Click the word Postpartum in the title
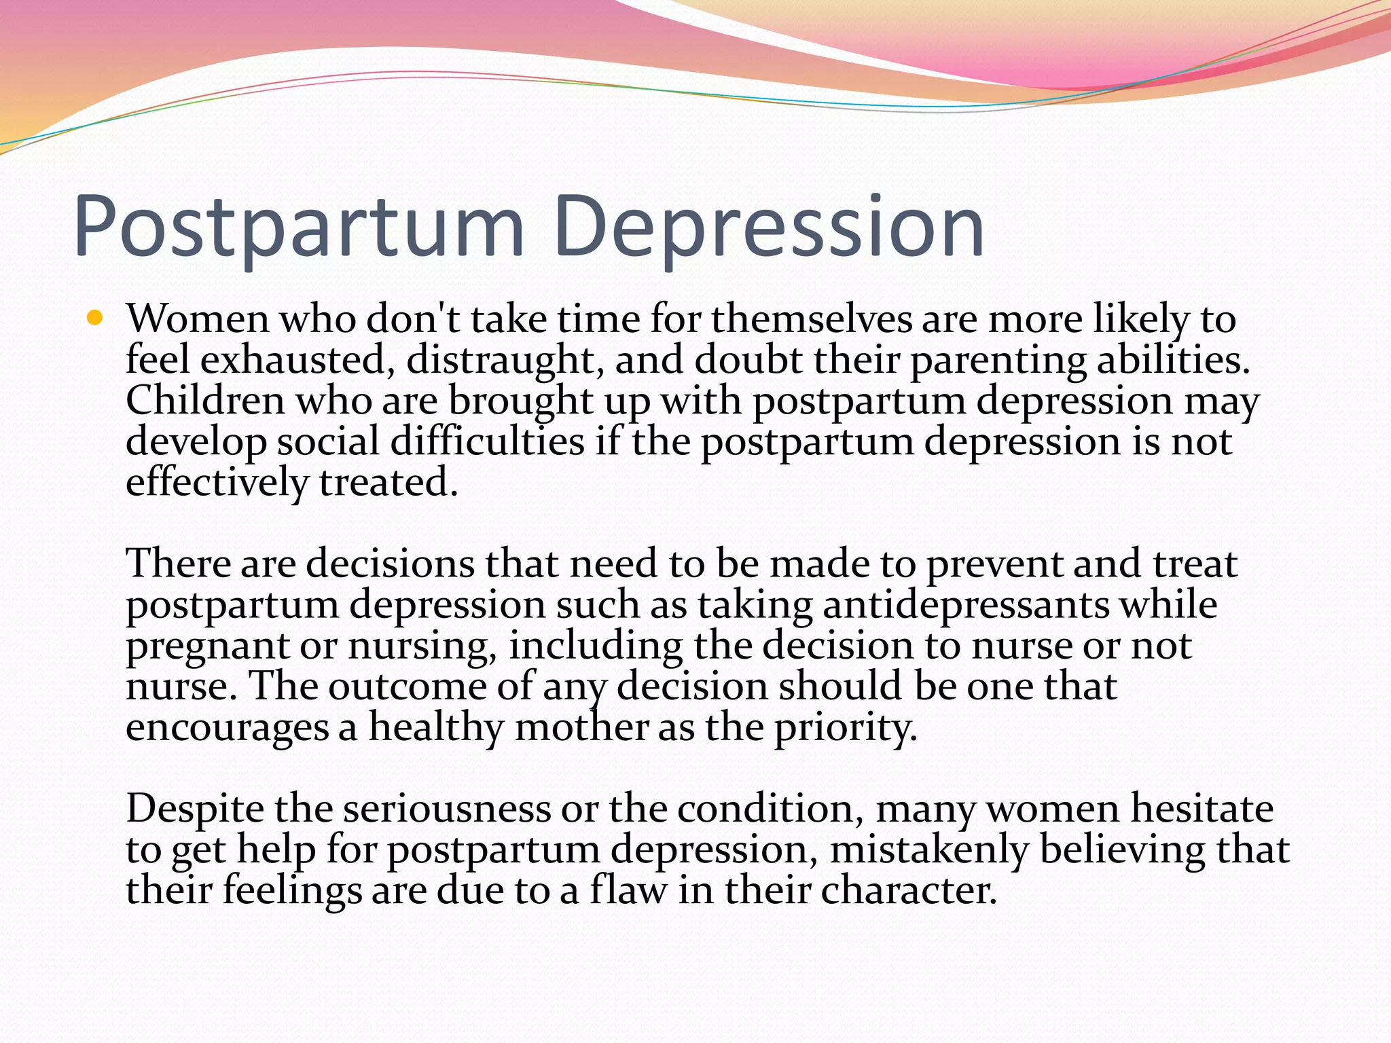pos(299,227)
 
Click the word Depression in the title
pos(767,227)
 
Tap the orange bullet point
pos(94,317)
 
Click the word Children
pos(204,401)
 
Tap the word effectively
pos(217,483)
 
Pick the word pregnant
pos(207,646)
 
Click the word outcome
pos(407,686)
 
